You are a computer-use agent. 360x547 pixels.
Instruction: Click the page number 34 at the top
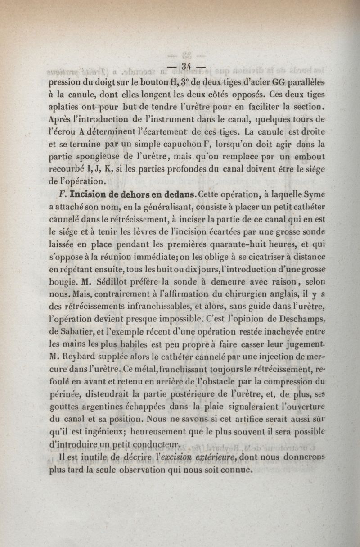(185, 66)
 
